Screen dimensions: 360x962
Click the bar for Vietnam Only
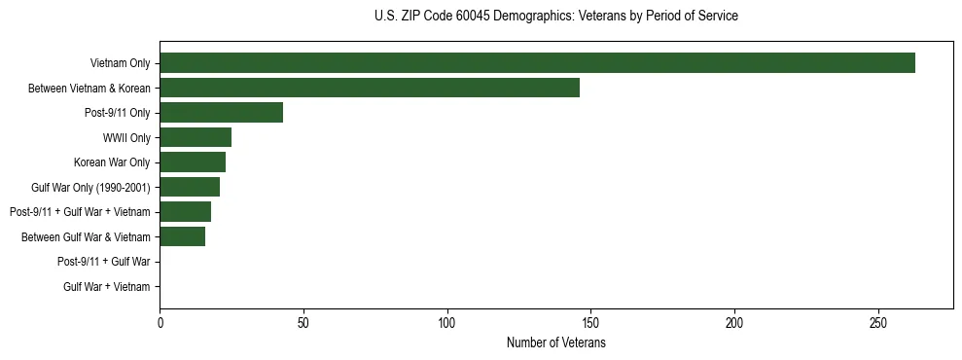[x=537, y=63]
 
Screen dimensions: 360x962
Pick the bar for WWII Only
[x=196, y=137]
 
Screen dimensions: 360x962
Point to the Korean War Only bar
[x=193, y=162]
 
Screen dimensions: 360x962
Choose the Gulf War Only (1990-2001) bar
[x=190, y=187]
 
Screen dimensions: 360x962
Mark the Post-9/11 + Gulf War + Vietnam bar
[x=185, y=212]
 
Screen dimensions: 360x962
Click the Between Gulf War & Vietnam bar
[x=182, y=236]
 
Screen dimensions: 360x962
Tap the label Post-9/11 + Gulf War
[x=104, y=262]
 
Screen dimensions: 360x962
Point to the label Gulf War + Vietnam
[x=107, y=286]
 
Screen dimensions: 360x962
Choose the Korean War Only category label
[x=112, y=162]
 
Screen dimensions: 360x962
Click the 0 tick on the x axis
[x=160, y=323]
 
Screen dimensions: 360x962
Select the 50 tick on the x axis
[x=303, y=323]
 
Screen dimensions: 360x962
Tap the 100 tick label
[x=447, y=323]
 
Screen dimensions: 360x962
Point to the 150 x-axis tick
[x=590, y=323]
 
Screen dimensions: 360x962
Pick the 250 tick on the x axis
[x=878, y=323]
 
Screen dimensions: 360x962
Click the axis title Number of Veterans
[x=556, y=342]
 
